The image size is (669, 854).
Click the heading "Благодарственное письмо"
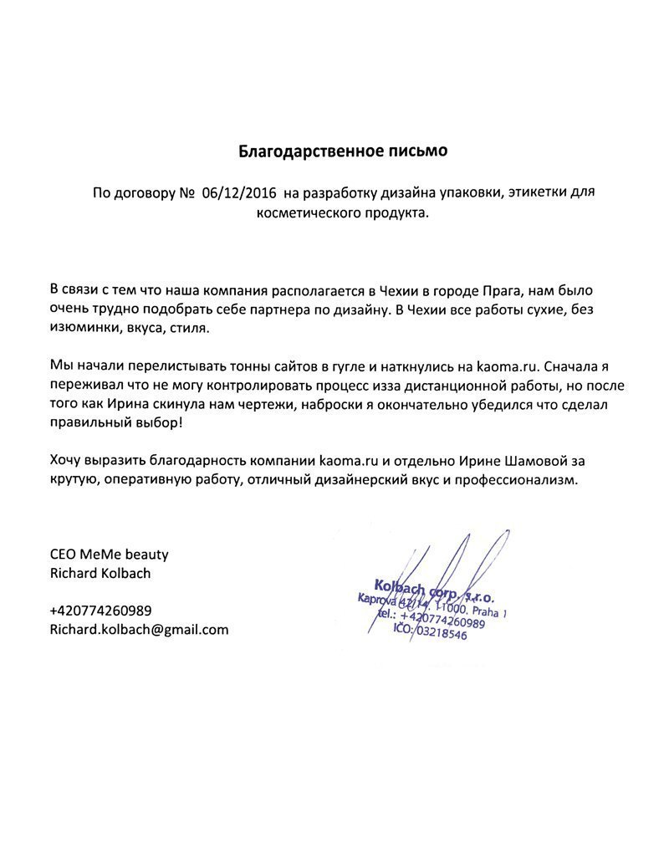[x=344, y=151]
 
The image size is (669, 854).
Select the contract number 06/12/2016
[x=239, y=193]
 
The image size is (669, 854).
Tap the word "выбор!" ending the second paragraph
[x=156, y=424]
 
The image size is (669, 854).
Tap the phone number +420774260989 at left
[x=100, y=611]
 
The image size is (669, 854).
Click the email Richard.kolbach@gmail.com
[x=139, y=630]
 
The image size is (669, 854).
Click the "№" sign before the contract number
[x=186, y=193]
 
